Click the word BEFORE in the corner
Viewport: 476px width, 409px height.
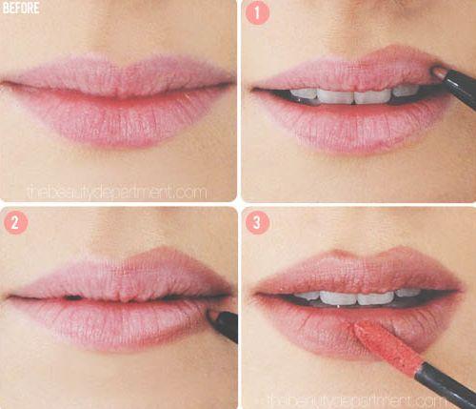pyautogui.click(x=21, y=9)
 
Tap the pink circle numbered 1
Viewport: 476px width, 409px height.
pyautogui.click(x=257, y=12)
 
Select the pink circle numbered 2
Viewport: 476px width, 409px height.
pyautogui.click(x=16, y=222)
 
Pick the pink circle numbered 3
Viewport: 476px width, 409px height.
pyautogui.click(x=257, y=222)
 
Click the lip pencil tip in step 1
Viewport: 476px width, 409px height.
pyautogui.click(x=438, y=71)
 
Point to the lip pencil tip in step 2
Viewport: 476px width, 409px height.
pyautogui.click(x=210, y=315)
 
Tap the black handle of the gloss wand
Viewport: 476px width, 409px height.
pyautogui.click(x=448, y=385)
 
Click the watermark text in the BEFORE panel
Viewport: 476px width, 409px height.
pyautogui.click(x=117, y=193)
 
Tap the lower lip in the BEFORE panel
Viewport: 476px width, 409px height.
pyautogui.click(x=121, y=119)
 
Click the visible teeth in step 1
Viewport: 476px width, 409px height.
pyautogui.click(x=354, y=95)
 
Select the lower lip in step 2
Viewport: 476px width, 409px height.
pyautogui.click(x=117, y=324)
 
